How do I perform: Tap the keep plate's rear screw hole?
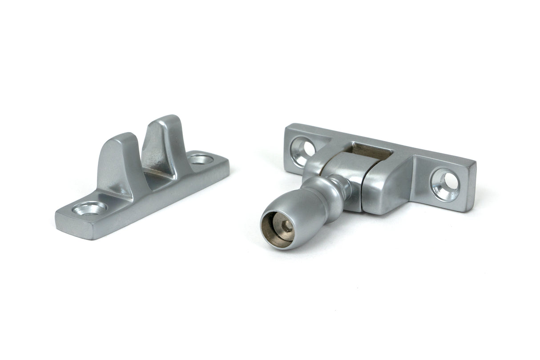[201, 159]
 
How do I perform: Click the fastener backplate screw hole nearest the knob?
[304, 149]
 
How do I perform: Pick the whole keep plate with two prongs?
[142, 182]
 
